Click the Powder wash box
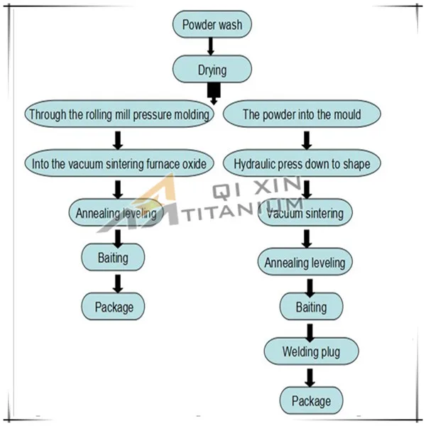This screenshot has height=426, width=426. [x=212, y=25]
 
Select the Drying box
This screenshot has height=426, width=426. [x=212, y=70]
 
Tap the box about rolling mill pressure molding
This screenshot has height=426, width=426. [x=119, y=114]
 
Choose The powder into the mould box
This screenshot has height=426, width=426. [x=302, y=114]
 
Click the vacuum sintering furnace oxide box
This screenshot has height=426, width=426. [x=119, y=164]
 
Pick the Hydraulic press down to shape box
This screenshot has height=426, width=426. [x=302, y=164]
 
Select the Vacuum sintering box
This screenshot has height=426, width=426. [x=306, y=213]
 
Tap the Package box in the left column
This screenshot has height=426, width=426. [x=114, y=307]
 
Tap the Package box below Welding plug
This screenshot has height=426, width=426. [x=311, y=400]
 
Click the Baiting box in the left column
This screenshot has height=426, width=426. [x=114, y=257]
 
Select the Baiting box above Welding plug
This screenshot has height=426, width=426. [x=311, y=307]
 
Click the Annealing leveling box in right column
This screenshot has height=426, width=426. [x=305, y=262]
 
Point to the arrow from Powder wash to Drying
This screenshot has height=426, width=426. [x=211, y=46]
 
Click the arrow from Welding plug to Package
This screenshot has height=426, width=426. [x=310, y=376]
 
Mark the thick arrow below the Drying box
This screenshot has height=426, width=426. [x=213, y=92]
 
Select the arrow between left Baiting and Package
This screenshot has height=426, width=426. [x=118, y=282]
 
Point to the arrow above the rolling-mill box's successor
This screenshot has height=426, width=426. [x=118, y=138]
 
